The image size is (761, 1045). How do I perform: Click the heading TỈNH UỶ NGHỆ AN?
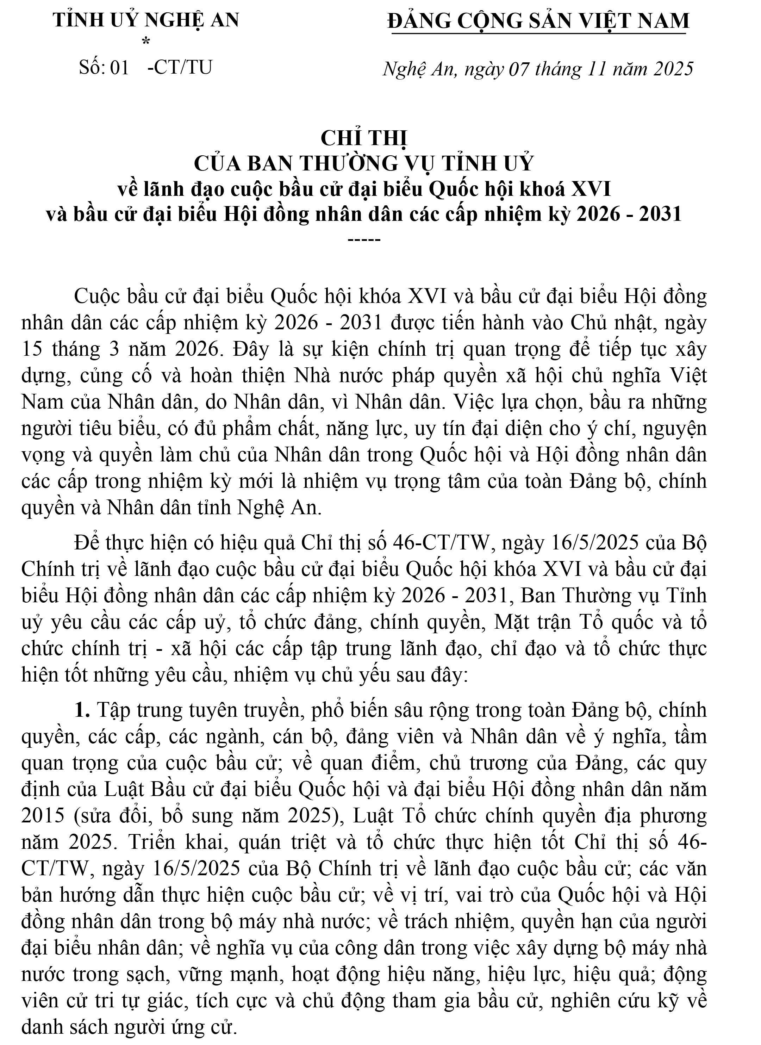tap(146, 20)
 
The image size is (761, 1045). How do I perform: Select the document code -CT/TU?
tap(180, 68)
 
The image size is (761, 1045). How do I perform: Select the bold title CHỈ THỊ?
tap(364, 139)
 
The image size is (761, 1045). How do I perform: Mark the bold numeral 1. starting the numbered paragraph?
tap(82, 710)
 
